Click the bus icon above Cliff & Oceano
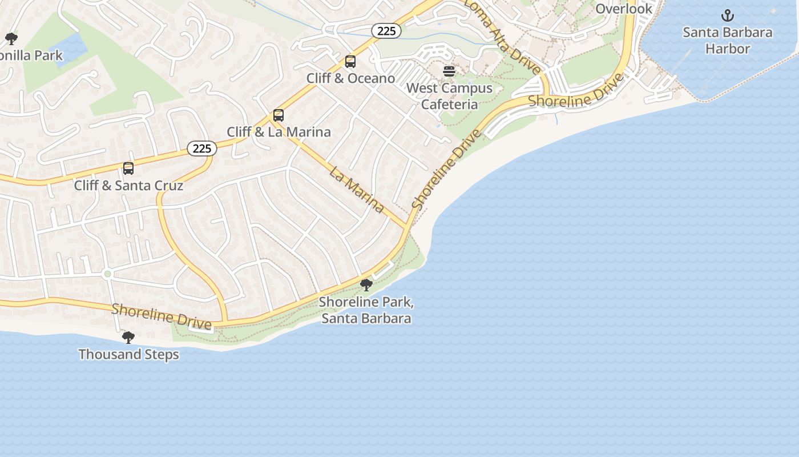(350, 62)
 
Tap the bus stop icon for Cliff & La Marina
(279, 115)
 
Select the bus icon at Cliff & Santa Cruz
(128, 169)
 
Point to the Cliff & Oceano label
(350, 78)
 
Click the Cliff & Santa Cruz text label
(128, 185)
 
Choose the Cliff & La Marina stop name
(279, 132)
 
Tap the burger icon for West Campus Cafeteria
(449, 71)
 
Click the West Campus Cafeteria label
(449, 96)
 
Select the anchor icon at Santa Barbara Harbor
(727, 15)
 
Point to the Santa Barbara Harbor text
(727, 40)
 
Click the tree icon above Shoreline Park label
(366, 284)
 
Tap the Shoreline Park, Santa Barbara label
(366, 310)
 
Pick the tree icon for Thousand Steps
(128, 338)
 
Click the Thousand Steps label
(128, 354)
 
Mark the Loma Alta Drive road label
(503, 37)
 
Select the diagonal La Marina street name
(357, 189)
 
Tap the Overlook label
(623, 9)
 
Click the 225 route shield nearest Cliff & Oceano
(386, 31)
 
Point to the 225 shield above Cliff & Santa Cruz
(202, 149)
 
